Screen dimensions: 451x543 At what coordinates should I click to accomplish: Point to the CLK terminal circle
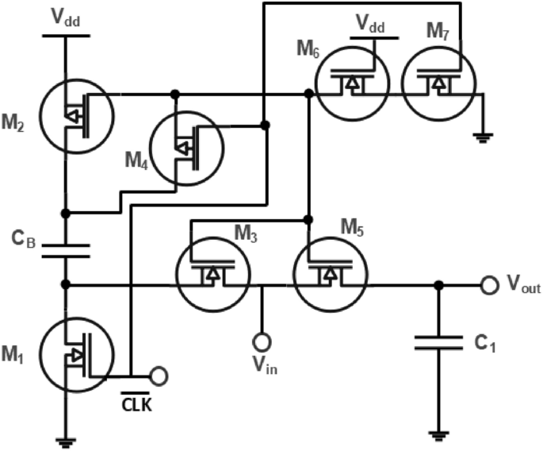(x=159, y=374)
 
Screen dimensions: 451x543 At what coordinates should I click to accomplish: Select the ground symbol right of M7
(x=480, y=137)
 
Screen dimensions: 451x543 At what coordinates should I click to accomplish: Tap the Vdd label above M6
(x=369, y=25)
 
